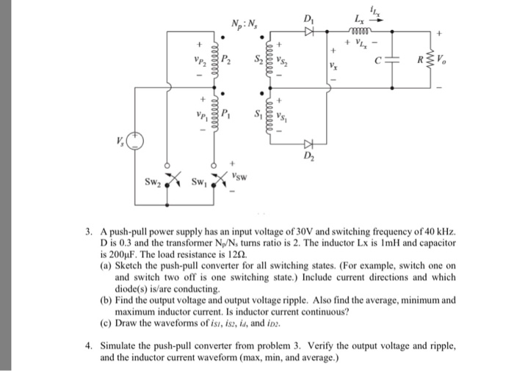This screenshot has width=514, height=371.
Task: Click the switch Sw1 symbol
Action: pos(217,180)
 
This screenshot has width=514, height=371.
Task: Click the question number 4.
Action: pos(88,344)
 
